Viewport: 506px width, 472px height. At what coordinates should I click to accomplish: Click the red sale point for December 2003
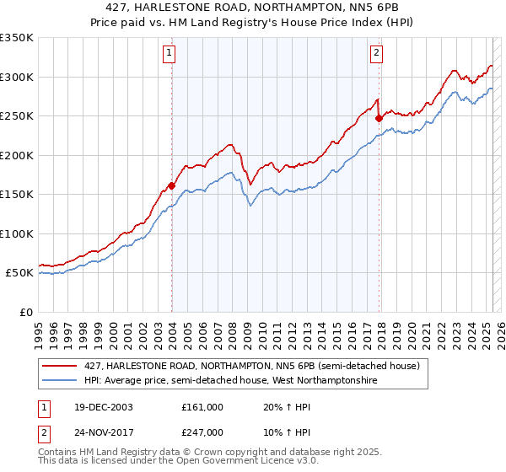tap(172, 185)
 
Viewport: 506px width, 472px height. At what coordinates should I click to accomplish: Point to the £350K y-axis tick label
tap(17, 38)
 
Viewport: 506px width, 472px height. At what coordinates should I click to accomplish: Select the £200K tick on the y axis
tap(17, 155)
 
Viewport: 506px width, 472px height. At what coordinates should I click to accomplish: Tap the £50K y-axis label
tap(20, 273)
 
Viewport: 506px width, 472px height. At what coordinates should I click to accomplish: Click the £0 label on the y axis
tap(25, 312)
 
